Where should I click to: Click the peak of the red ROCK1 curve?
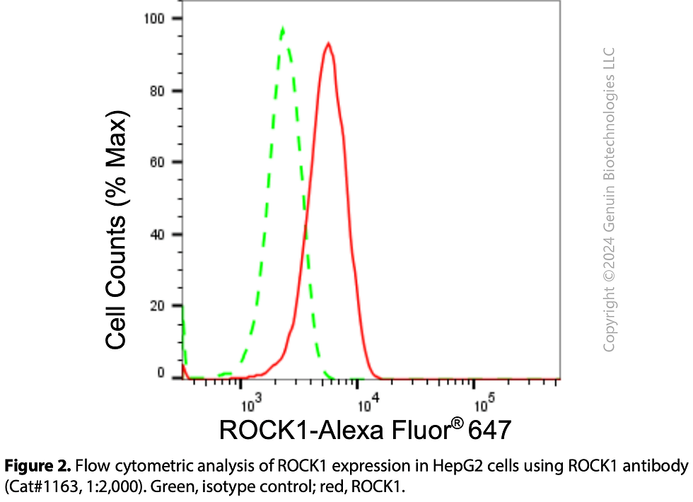(x=328, y=44)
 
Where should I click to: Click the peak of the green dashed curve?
(x=283, y=29)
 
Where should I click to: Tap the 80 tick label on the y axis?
(x=156, y=91)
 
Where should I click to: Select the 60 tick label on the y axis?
(x=156, y=163)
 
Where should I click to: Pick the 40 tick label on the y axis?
(x=156, y=235)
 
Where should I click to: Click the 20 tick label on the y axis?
(x=156, y=307)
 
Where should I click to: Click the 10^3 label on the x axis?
(x=251, y=404)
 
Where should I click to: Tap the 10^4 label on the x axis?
(x=368, y=404)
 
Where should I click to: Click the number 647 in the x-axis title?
(x=487, y=429)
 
